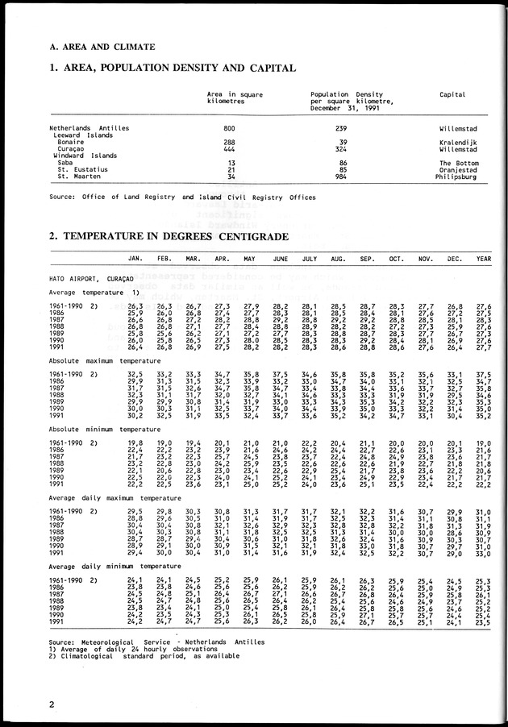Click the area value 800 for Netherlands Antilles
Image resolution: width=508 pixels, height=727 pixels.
[x=229, y=128]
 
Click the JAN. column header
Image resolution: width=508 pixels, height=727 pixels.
[x=135, y=258]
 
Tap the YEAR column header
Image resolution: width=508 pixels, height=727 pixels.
[x=483, y=258]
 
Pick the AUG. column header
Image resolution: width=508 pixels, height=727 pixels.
[x=338, y=258]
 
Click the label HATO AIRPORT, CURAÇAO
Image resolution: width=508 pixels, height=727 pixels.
[x=90, y=277]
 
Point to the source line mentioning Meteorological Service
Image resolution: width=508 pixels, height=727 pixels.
[x=156, y=642]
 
